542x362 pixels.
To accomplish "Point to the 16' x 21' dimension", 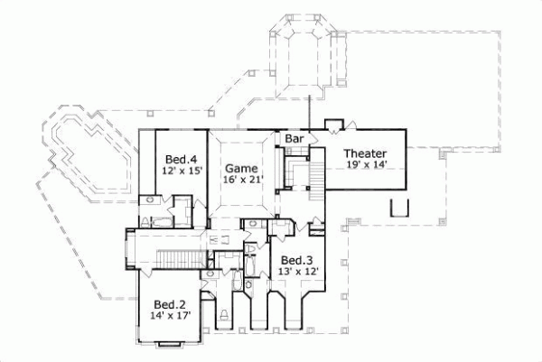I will click(x=241, y=180).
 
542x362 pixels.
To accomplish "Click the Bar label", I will click(x=294, y=139).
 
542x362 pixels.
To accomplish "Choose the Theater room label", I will click(x=366, y=153).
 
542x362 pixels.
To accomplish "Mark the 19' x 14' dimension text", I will click(x=366, y=165).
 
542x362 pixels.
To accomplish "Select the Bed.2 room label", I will click(x=169, y=304).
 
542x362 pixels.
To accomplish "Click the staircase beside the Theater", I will click(x=316, y=176).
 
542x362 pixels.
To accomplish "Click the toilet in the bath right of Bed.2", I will click(x=222, y=316).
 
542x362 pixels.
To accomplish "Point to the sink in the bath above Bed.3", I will click(x=256, y=225).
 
